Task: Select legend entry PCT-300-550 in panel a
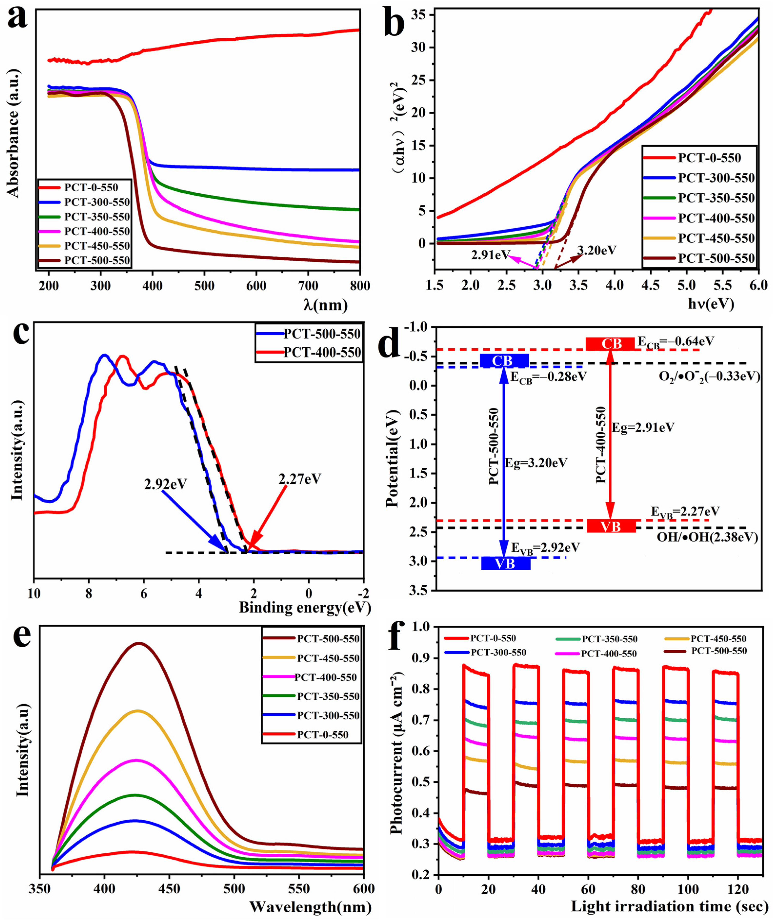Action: point(97,202)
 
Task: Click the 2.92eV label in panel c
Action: point(166,484)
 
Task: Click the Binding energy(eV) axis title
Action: point(305,608)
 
